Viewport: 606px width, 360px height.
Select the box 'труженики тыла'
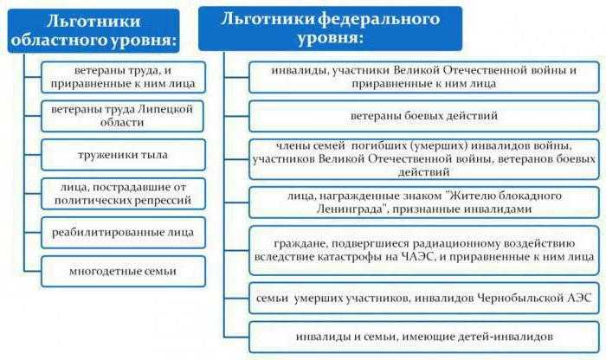[124, 155]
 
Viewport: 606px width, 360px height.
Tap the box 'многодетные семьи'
[124, 271]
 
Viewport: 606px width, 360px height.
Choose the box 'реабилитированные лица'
[124, 232]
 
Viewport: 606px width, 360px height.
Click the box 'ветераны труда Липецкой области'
[124, 115]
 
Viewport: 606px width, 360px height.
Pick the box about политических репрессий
[124, 194]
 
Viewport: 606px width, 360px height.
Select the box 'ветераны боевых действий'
[423, 115]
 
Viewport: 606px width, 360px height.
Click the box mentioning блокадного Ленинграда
[423, 202]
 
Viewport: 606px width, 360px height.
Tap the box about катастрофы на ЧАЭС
[423, 249]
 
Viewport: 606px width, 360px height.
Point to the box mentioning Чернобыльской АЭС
[423, 297]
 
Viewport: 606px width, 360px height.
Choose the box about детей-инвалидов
[423, 336]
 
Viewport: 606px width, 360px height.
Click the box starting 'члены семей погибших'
[423, 159]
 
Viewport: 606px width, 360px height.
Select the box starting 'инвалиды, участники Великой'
[423, 76]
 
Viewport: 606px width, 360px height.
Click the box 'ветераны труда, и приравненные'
[124, 76]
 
